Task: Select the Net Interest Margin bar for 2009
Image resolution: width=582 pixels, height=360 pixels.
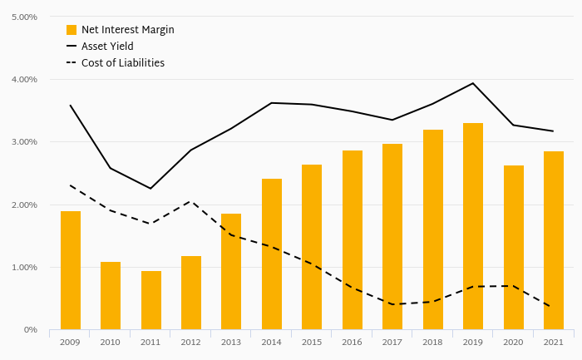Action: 71,270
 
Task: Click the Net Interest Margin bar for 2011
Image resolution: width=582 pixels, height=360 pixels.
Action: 151,300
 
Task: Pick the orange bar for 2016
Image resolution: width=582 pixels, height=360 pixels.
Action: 353,240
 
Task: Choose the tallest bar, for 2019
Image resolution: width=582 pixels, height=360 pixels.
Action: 473,226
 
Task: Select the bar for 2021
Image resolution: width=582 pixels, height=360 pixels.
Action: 554,240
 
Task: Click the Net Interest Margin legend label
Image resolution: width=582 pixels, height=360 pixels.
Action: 127,30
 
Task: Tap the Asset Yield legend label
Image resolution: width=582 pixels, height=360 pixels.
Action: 107,47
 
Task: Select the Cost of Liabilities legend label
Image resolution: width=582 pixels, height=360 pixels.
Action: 123,63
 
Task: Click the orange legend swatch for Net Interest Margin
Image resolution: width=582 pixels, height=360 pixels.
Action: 72,30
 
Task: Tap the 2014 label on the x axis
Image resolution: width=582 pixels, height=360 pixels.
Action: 272,342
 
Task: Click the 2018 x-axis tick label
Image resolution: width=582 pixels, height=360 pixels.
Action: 433,342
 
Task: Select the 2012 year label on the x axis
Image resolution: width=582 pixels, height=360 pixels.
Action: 191,342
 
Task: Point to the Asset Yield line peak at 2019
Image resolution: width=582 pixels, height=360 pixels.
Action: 473,83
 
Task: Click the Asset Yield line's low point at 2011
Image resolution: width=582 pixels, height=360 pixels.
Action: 151,189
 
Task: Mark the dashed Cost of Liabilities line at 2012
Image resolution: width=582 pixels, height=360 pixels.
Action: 191,201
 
